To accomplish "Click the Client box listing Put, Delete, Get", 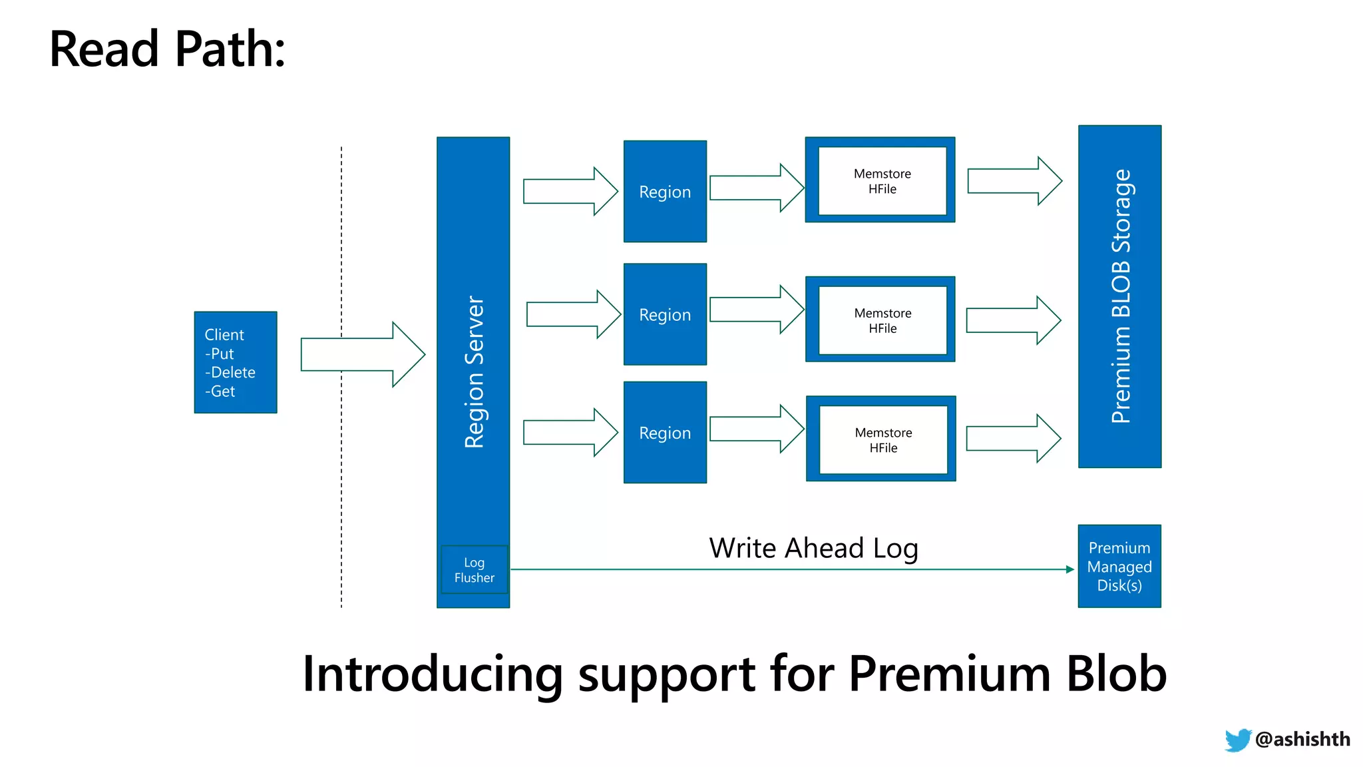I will (x=235, y=362).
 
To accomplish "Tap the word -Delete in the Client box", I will (x=230, y=372).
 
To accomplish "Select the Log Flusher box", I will (x=474, y=570).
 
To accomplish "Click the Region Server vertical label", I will (x=474, y=372).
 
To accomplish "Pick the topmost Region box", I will (x=664, y=192).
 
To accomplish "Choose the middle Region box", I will (x=664, y=314).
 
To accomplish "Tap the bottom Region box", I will (x=664, y=433).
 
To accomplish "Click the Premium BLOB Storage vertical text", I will (x=1121, y=296).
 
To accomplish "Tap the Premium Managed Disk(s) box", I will (x=1119, y=567).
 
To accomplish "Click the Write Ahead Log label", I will (x=813, y=549).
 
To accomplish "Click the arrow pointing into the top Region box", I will (x=570, y=191).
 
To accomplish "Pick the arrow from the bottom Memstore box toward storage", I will (x=1012, y=439).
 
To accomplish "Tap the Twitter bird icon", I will (x=1237, y=740).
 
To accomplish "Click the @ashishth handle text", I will (x=1302, y=739).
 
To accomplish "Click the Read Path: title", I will (x=167, y=49).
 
